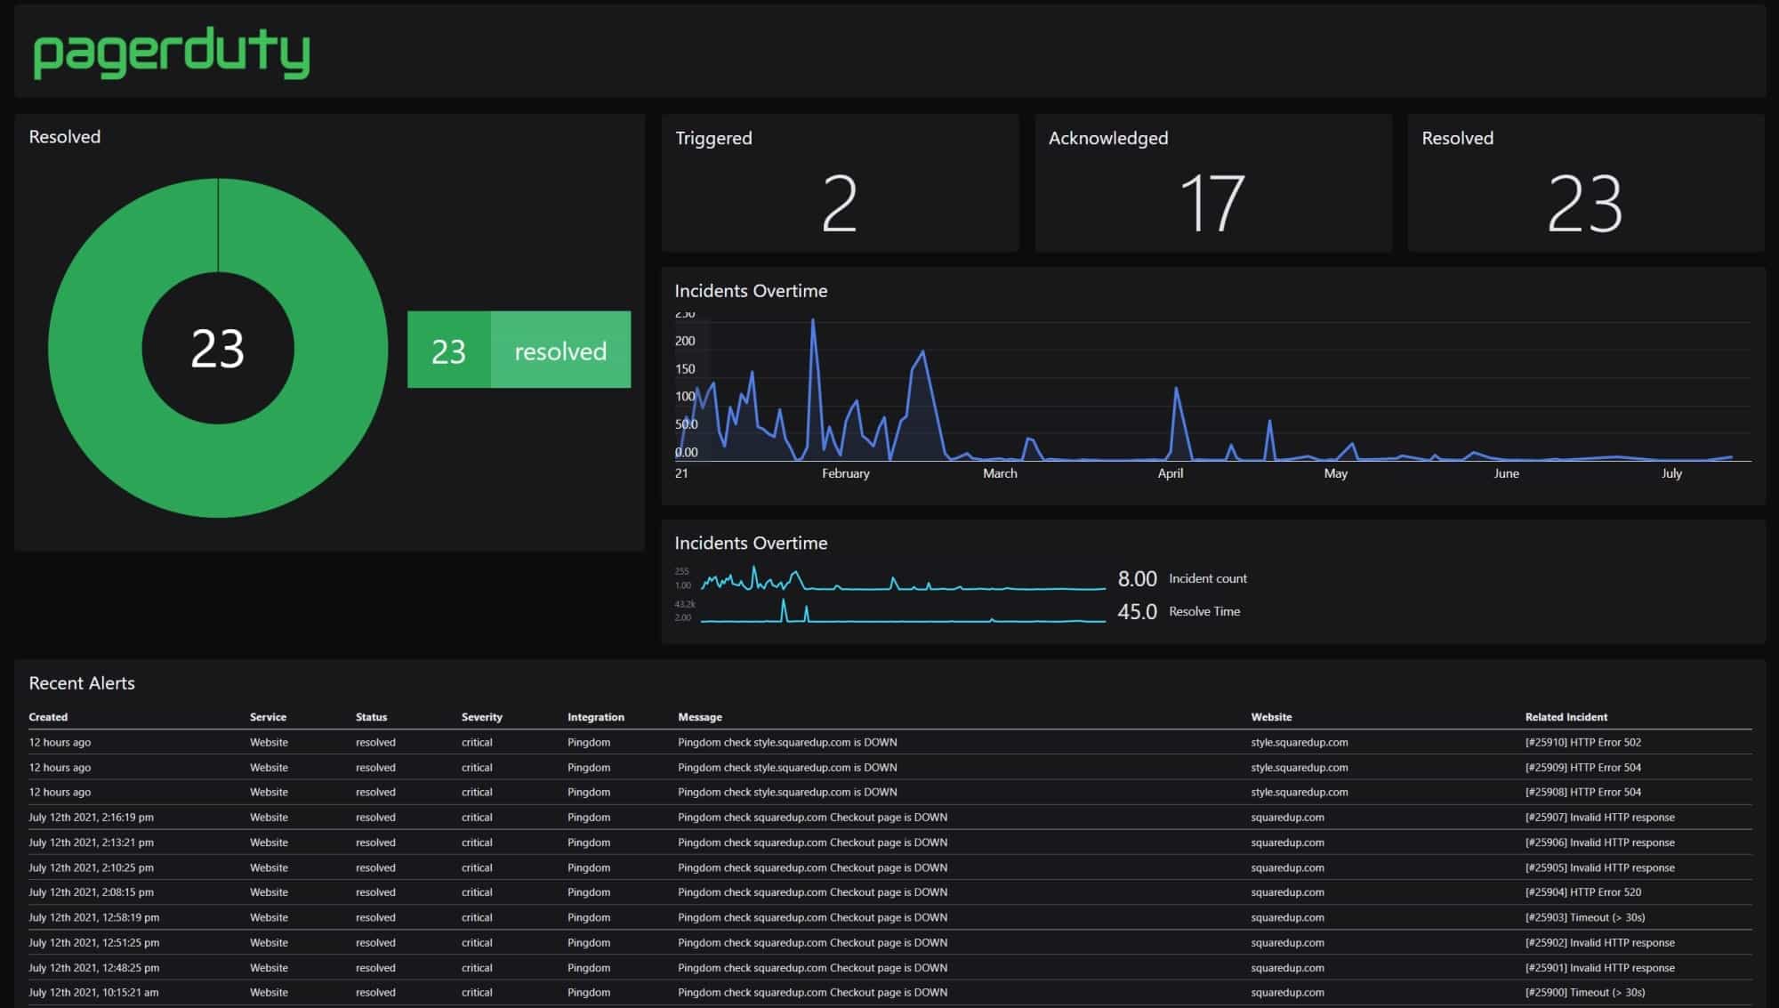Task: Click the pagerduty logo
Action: tap(172, 53)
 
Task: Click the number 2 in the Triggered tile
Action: tap(839, 204)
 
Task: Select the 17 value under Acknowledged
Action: tap(1211, 204)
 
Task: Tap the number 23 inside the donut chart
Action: tap(217, 349)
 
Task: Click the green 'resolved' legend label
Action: tap(560, 351)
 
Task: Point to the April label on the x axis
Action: tap(1170, 473)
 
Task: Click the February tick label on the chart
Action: tap(845, 473)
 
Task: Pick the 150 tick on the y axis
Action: tap(685, 368)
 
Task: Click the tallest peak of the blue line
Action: tap(812, 320)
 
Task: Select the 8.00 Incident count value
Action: tap(1137, 579)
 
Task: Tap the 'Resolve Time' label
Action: tap(1203, 611)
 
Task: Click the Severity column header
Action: tap(481, 717)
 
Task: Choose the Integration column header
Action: tap(595, 717)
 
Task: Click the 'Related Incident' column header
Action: tap(1566, 717)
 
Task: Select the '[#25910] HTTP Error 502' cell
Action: tap(1582, 742)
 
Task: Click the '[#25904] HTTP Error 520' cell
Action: tap(1582, 892)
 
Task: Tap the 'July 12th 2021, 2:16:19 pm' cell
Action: tap(91, 817)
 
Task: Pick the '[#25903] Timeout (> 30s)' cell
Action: tap(1584, 917)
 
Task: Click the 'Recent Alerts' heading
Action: tap(82, 683)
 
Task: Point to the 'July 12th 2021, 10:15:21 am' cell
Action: tap(93, 992)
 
